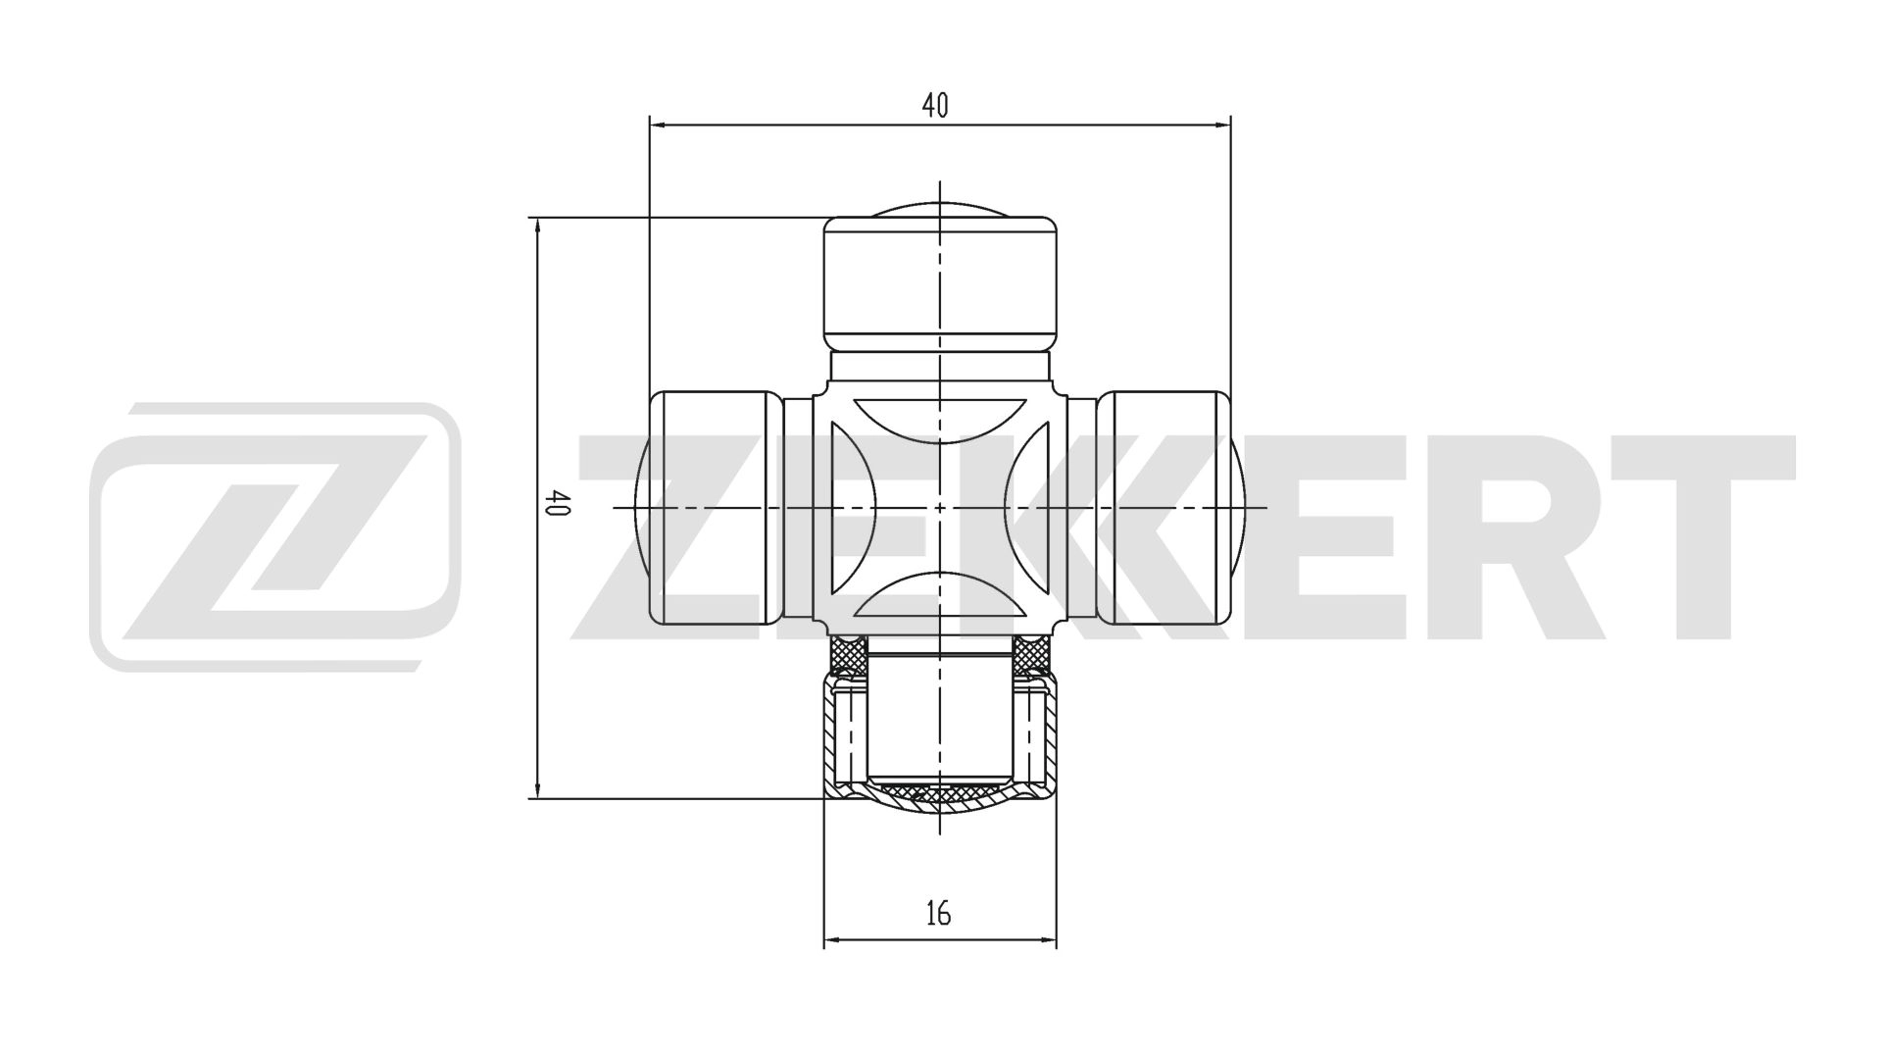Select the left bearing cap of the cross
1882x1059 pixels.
click(716, 507)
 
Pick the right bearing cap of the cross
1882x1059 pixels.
click(1164, 507)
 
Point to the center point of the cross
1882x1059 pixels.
click(939, 507)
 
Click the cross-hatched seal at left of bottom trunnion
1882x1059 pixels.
click(848, 651)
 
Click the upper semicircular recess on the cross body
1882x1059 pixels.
click(939, 417)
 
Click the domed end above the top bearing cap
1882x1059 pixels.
click(939, 209)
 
